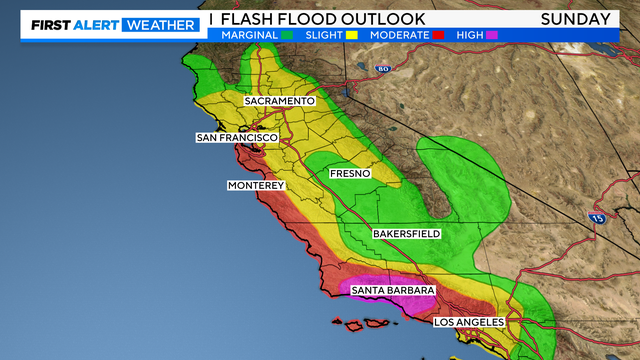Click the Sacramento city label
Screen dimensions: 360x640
coord(281,101)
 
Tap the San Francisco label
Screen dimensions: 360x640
coord(236,137)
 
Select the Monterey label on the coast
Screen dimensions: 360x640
coord(257,186)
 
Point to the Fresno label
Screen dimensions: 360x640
coord(350,173)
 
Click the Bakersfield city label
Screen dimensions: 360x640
coord(407,233)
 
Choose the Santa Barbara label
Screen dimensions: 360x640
coord(393,290)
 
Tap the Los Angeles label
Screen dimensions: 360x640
coord(470,322)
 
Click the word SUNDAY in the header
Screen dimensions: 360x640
coord(576,19)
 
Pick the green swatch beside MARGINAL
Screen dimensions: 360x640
coord(286,35)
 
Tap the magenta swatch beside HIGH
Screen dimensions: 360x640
coord(491,35)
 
